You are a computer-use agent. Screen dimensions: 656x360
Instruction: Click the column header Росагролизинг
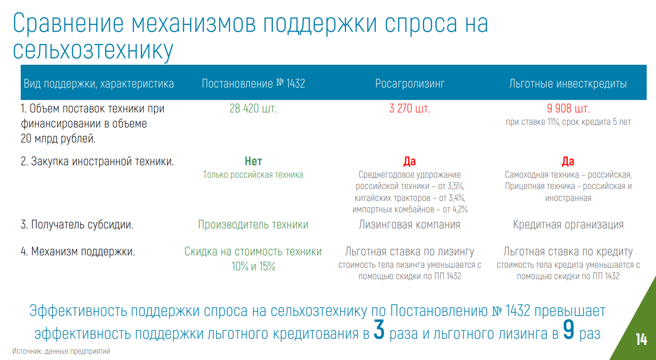(410, 84)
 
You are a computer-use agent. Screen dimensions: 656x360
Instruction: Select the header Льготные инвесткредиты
(568, 84)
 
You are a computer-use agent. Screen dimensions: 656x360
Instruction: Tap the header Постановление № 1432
(253, 84)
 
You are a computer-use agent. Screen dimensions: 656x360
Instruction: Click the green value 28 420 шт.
(253, 109)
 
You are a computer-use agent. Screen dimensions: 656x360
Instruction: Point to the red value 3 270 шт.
(410, 109)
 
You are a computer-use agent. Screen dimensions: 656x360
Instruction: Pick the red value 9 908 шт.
(568, 109)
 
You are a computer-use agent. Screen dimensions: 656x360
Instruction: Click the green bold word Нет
(253, 162)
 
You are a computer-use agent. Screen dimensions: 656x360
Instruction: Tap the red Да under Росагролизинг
(410, 162)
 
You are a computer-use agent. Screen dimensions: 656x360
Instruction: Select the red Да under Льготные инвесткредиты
(568, 162)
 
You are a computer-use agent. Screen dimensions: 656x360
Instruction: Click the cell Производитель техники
(253, 225)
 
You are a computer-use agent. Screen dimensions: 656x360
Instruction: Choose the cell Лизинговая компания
(410, 225)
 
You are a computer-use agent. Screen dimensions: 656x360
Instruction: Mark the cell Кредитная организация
(568, 225)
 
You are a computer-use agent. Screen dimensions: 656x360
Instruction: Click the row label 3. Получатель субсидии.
(77, 225)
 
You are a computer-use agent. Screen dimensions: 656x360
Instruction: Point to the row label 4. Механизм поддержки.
(78, 252)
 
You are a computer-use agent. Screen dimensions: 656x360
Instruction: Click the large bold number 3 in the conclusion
(379, 330)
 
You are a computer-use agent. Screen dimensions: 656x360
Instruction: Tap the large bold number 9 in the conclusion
(568, 330)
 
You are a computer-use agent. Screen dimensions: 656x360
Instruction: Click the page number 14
(642, 339)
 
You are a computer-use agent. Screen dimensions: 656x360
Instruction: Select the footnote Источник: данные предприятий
(61, 351)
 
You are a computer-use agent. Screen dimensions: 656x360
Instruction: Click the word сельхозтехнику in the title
(93, 50)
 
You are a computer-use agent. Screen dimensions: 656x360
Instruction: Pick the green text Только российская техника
(253, 175)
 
